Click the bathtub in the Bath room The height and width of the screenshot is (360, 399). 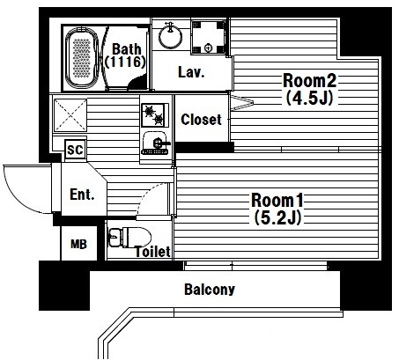point(82,58)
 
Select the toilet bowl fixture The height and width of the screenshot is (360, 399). point(129,237)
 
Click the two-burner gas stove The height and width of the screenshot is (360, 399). point(155,114)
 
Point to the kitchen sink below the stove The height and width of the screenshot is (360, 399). point(156,143)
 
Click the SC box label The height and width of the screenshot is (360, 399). point(76,150)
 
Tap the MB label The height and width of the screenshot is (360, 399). point(78,244)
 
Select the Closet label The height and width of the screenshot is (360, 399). point(201,120)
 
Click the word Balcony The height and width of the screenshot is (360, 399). point(210,290)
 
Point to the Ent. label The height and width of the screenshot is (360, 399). point(82,195)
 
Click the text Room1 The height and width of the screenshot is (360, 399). point(277,201)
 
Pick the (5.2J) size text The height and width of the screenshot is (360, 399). point(277,217)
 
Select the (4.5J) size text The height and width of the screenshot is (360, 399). point(309,98)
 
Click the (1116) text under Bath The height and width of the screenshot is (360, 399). point(125,62)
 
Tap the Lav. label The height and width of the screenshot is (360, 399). point(191,72)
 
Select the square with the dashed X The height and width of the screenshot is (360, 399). point(70,114)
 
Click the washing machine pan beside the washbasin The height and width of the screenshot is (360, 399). point(209,37)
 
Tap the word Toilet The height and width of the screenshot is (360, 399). point(152,252)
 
